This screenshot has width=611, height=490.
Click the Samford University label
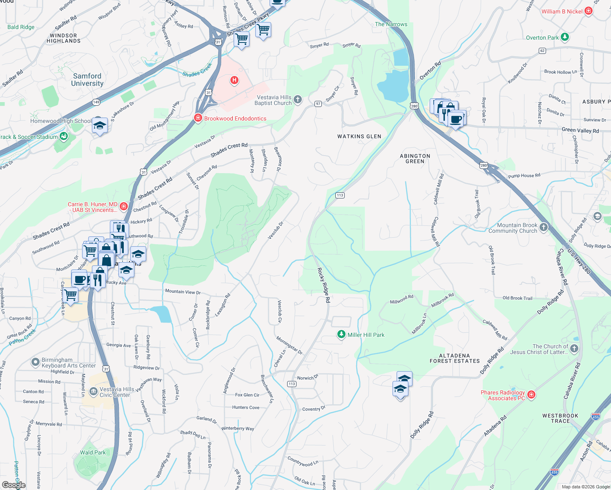[87, 80]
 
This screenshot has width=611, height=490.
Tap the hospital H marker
[234, 80]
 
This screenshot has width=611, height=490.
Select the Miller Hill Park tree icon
[341, 335]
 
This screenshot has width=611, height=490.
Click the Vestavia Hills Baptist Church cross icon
[298, 99]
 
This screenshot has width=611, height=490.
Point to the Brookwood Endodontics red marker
[198, 118]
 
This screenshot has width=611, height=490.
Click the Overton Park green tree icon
[565, 37]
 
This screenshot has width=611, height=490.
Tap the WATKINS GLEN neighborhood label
[359, 136]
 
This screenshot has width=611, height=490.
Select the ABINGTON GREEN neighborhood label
[415, 158]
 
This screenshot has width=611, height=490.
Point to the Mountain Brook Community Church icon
[544, 227]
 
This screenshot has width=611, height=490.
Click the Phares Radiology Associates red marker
[531, 394]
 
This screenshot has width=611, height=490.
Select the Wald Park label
[93, 452]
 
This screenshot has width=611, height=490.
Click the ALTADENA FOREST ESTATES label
[455, 358]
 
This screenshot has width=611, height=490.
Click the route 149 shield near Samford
[96, 102]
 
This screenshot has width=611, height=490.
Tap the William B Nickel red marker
[589, 11]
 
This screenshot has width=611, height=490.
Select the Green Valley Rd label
[580, 130]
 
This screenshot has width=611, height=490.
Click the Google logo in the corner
[13, 485]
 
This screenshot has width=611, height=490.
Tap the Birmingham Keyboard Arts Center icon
[36, 362]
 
